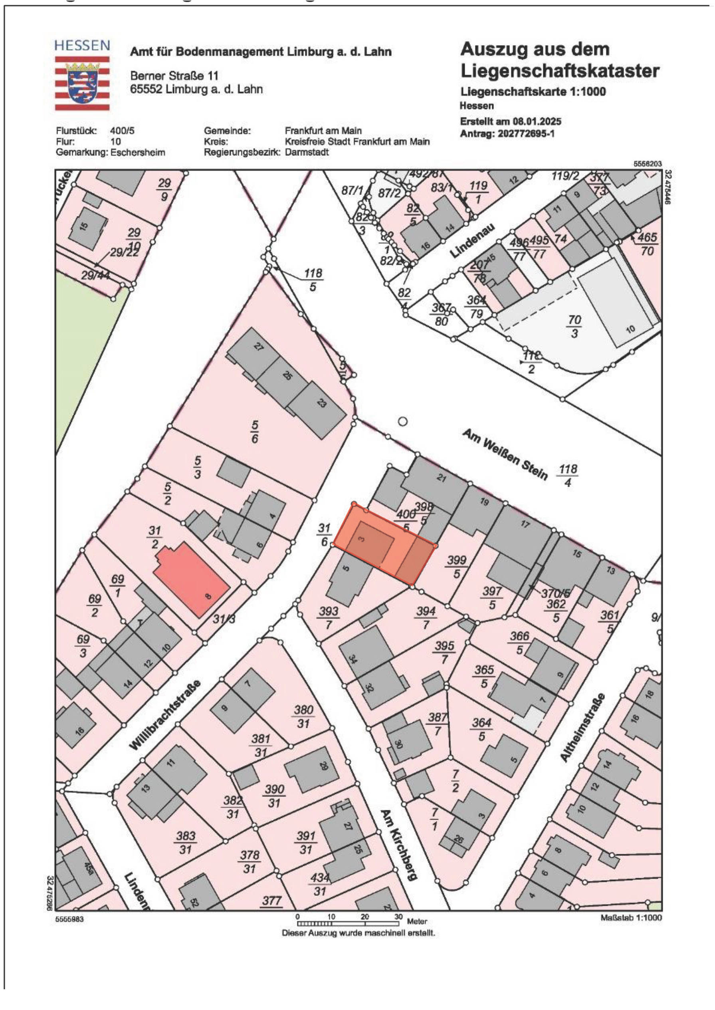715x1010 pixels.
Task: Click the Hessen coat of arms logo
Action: (82, 82)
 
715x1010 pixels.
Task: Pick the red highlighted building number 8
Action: (191, 578)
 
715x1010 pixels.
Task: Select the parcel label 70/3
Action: (575, 326)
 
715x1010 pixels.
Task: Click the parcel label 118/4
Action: (568, 476)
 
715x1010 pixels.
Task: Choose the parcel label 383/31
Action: (186, 842)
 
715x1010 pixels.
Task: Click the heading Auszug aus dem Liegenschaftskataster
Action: (560, 60)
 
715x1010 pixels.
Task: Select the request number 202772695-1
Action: (526, 133)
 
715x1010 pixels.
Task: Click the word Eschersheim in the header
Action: (138, 153)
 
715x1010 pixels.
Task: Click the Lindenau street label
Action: (472, 241)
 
